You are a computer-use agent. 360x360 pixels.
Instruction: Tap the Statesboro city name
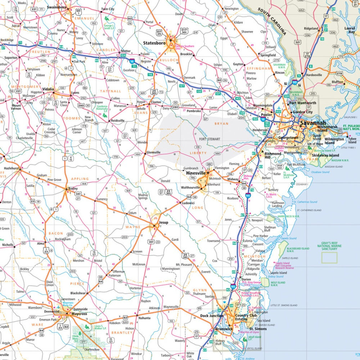(154, 43)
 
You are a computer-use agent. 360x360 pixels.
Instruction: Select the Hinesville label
(194, 173)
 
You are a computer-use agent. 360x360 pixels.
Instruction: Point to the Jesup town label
(163, 222)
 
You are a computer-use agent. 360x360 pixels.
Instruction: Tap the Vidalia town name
(48, 89)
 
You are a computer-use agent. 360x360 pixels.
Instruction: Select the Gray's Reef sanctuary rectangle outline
(329, 257)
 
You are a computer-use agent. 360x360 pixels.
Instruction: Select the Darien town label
(246, 279)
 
